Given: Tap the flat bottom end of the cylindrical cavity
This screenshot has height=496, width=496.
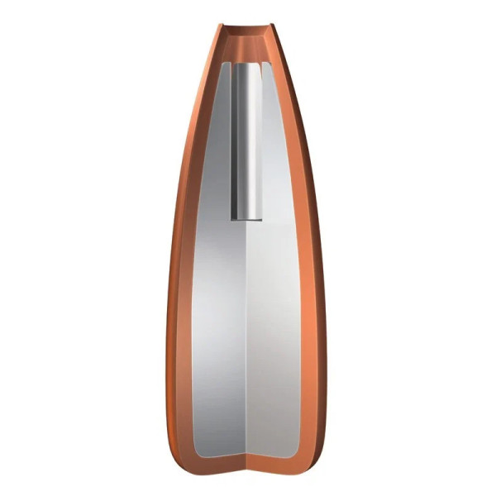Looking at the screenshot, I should point(246,218).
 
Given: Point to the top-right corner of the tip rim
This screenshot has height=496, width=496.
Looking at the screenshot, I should point(274,26).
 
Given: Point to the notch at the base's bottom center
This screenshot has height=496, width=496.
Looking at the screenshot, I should point(249,459).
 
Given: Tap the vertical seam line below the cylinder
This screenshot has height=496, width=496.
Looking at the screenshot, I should point(249,331).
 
